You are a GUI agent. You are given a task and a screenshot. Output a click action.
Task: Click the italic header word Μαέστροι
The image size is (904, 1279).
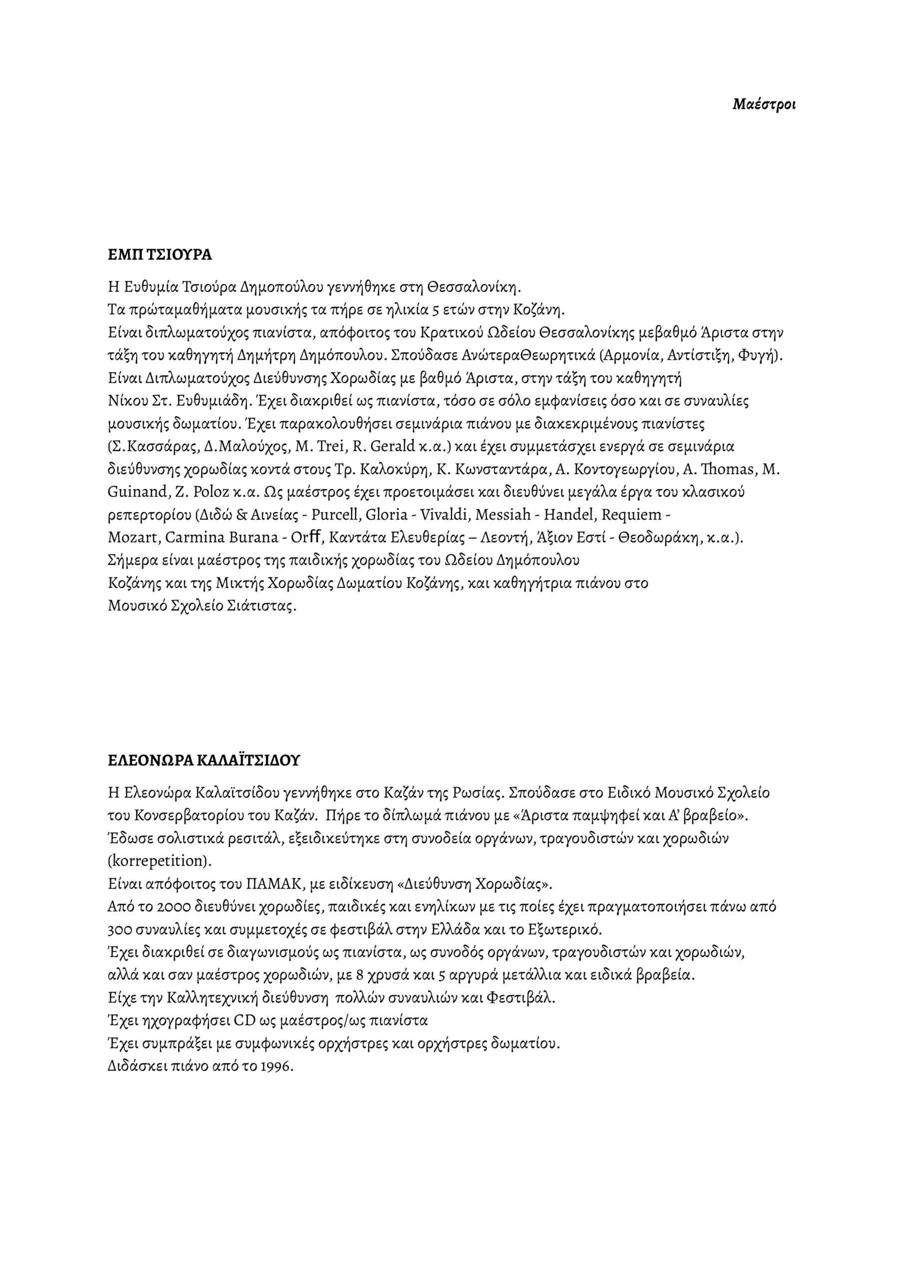coord(764,104)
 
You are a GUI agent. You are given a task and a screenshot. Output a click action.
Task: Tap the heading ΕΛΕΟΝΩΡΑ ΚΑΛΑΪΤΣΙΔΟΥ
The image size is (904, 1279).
coord(203,760)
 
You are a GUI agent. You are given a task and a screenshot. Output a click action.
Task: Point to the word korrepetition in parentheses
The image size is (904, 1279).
coord(159,861)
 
